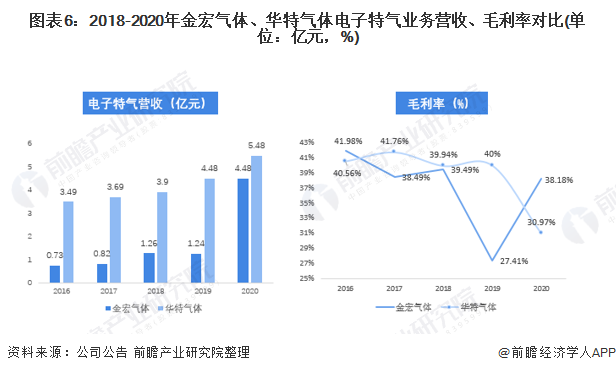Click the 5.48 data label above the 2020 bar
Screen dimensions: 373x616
pyautogui.click(x=257, y=146)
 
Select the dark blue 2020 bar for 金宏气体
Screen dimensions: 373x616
pyautogui.click(x=243, y=230)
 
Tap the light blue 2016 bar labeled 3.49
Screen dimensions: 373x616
pyautogui.click(x=69, y=241)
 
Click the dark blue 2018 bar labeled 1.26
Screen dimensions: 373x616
pyautogui.click(x=149, y=267)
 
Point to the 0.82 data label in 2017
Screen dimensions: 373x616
pyautogui.click(x=102, y=254)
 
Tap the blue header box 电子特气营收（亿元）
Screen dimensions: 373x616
pyautogui.click(x=146, y=102)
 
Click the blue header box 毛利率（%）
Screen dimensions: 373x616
pyautogui.click(x=431, y=102)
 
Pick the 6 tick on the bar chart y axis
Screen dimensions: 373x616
pyautogui.click(x=30, y=142)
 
